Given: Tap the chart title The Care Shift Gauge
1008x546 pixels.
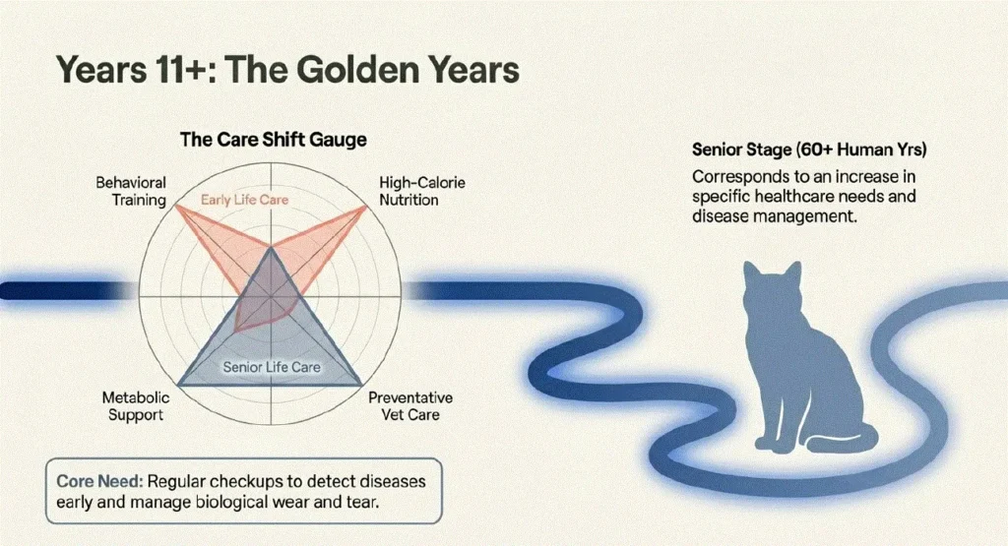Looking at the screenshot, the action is click(x=274, y=140).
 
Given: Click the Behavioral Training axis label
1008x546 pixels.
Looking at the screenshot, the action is click(x=131, y=192).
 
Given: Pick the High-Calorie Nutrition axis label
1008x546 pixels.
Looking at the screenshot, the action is click(x=421, y=192).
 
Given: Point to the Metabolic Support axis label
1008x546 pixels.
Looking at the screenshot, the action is click(x=136, y=406).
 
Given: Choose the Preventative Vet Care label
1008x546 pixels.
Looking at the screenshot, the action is click(x=410, y=406).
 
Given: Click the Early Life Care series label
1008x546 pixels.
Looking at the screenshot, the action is click(x=244, y=200).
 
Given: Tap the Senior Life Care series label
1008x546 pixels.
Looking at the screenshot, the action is click(x=272, y=367).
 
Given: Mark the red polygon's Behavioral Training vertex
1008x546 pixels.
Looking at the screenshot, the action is click(x=176, y=206).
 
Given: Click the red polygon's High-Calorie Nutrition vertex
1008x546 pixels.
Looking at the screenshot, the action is click(x=365, y=207).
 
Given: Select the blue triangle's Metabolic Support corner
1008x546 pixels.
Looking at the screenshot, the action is click(x=179, y=385).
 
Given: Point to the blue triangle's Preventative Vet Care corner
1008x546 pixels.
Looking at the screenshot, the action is click(x=361, y=385).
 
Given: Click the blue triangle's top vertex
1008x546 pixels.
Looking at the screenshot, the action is click(x=271, y=248).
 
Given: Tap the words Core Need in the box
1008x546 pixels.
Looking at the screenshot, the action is click(x=99, y=481).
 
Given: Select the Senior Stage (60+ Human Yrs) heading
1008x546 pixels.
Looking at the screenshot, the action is click(x=809, y=151).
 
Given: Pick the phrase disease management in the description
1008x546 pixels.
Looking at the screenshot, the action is click(x=774, y=216).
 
